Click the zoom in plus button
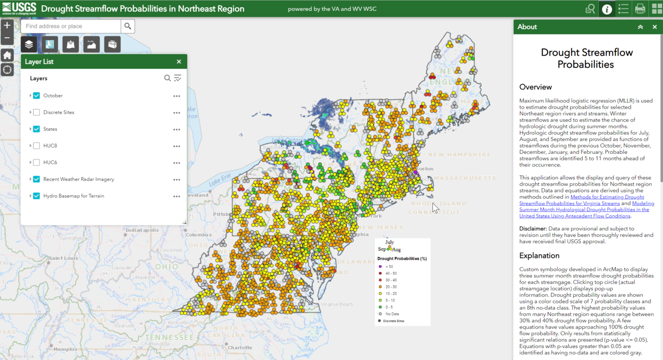[x=7, y=25]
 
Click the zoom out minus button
[x=7, y=38]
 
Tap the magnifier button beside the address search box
[x=128, y=26]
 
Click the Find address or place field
[x=71, y=26]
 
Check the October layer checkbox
[x=37, y=96]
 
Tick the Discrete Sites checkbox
[x=37, y=113]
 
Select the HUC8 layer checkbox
[x=37, y=146]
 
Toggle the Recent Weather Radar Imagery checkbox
[x=37, y=179]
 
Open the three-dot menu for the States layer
[x=177, y=130]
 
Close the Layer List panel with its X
[x=179, y=62]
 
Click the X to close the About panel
[x=655, y=27]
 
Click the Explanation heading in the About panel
[x=539, y=256]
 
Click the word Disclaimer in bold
[x=532, y=229]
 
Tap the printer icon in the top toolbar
[x=640, y=9]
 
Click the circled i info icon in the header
[x=606, y=9]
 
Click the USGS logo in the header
[x=19, y=8]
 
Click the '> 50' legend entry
[x=389, y=267]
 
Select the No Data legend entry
[x=392, y=314]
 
